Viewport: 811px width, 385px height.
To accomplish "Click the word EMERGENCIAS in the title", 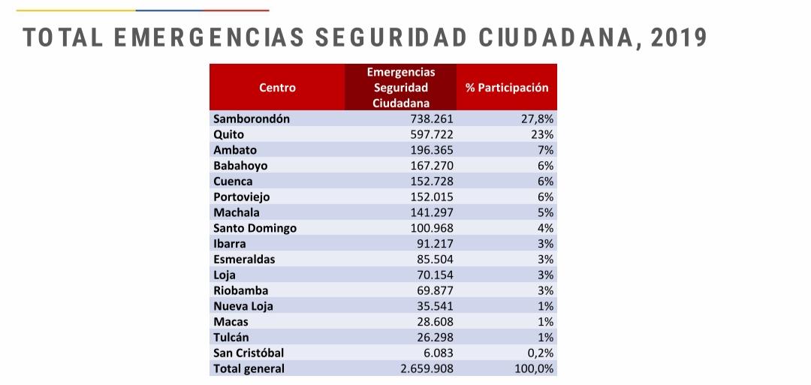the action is coord(209,38).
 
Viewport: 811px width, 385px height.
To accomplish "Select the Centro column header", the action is coord(277,87).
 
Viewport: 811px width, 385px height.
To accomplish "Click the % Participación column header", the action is coord(507,87).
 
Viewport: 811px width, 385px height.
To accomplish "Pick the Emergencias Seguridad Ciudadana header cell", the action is coord(401,87).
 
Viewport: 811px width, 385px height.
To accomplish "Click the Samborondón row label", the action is coord(252,119).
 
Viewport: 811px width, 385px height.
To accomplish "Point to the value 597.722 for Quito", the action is coord(430,134).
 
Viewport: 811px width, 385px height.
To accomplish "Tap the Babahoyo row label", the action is coord(240,166).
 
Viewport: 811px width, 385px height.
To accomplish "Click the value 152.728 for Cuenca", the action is coord(430,182).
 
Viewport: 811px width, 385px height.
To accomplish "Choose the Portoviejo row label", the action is coord(242,197).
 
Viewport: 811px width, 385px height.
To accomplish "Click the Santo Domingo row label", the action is coord(255,228).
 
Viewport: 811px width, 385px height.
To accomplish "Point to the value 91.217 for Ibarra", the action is coord(435,243).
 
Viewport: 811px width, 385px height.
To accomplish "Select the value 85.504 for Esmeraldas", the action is coord(435,259).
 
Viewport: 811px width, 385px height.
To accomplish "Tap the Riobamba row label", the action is coord(240,290).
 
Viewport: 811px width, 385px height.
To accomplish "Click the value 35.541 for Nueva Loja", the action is coord(435,306).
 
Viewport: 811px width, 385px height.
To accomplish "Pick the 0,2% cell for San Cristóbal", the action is coord(541,353).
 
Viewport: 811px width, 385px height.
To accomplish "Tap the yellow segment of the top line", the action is coord(76,11).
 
